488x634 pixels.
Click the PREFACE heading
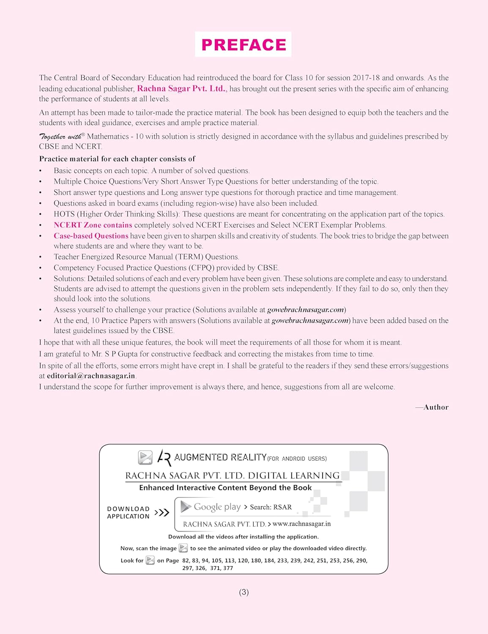coord(243,44)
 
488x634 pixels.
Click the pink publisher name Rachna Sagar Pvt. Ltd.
coord(182,89)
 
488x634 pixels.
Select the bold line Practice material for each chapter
coord(117,159)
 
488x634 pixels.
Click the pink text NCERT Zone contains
coord(93,225)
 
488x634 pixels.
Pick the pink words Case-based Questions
coord(91,236)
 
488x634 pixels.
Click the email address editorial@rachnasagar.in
coord(91,376)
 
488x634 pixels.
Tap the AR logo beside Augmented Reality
coord(164,457)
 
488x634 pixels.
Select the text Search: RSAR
coord(271,507)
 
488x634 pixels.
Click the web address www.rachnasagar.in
coord(302,524)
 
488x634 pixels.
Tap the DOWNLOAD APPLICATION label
coord(128,512)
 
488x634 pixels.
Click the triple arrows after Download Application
coord(162,513)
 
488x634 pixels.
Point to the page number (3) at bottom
coord(244,592)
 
